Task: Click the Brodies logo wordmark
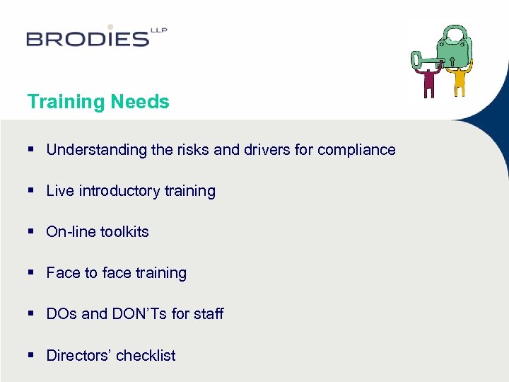pyautogui.click(x=88, y=37)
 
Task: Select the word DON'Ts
pyautogui.click(x=139, y=314)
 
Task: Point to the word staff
pyautogui.click(x=209, y=314)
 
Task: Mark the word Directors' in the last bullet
pyautogui.click(x=78, y=355)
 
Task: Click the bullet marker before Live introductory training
pyautogui.click(x=32, y=191)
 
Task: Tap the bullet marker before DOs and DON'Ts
pyautogui.click(x=32, y=314)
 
